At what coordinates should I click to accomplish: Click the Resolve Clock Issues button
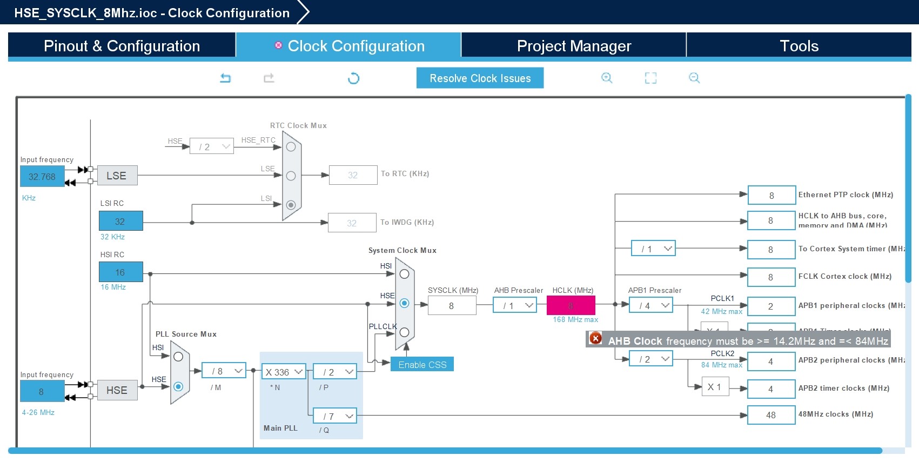480,78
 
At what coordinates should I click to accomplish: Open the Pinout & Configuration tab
122,46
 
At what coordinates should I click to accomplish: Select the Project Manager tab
574,46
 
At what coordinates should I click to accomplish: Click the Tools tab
799,46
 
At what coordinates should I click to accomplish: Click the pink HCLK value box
571,305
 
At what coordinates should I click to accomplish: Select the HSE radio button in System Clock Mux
404,303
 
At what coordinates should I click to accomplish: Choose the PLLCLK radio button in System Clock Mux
404,332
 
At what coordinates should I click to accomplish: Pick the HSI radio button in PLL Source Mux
178,357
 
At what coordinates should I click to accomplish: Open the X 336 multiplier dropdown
284,372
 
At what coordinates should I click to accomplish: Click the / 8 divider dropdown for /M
224,371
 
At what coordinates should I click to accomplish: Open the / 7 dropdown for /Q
335,416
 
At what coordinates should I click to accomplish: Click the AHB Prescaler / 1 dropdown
514,306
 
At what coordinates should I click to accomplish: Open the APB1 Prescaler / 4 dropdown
650,306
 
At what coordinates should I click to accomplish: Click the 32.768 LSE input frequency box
42,177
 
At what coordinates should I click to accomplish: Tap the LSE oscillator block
117,176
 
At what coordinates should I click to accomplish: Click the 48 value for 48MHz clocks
771,415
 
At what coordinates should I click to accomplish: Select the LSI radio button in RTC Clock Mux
291,205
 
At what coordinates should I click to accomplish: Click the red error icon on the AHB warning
595,338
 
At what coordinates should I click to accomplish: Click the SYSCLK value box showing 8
452,306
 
